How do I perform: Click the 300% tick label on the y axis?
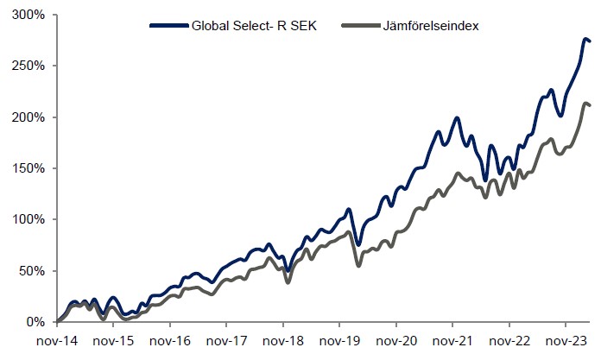pos(27,15)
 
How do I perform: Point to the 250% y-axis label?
pos(27,66)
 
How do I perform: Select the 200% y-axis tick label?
pos(27,117)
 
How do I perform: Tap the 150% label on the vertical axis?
pos(27,168)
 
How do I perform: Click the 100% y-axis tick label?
pos(27,219)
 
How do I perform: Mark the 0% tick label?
pos(34,322)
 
